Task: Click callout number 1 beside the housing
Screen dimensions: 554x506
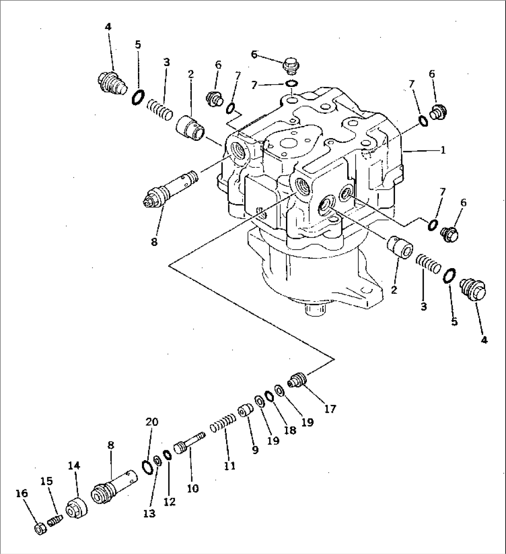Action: point(443,150)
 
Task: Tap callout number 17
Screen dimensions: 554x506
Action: point(330,409)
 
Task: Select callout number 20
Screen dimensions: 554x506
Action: point(152,422)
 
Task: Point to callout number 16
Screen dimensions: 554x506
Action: point(22,493)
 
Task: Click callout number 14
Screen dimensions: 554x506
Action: point(74,465)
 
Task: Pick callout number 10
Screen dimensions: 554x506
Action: point(193,488)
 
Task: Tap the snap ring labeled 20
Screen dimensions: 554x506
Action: point(146,466)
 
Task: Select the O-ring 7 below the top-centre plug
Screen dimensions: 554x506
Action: point(292,84)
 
